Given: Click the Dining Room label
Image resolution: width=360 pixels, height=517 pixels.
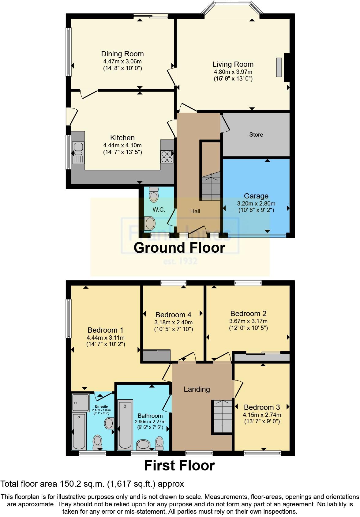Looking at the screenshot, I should tap(122, 54).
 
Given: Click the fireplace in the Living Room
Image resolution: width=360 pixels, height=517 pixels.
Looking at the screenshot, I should tap(279, 67).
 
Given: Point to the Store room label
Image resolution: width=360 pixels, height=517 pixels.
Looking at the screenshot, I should tap(256, 134).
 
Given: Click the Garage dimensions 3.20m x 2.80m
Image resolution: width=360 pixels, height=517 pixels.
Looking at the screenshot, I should tap(256, 203).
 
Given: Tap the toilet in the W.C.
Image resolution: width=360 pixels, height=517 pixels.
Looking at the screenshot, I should tap(154, 194).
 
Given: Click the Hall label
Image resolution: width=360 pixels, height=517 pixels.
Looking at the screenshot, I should tap(195, 211).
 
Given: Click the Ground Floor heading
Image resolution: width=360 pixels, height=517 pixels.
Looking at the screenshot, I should tap(179, 247).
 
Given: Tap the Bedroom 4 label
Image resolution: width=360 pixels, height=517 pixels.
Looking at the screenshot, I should tap(173, 315).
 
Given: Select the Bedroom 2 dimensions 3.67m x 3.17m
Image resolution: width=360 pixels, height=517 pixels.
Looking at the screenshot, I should tap(248, 321).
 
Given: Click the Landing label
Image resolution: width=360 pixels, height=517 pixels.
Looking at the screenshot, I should tap(197, 389).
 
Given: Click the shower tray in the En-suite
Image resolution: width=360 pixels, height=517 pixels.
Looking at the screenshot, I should tap(81, 402).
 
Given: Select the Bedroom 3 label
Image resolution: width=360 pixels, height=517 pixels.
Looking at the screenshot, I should tap(262, 407).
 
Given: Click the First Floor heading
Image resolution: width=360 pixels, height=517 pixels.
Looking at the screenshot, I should tap(179, 466).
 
